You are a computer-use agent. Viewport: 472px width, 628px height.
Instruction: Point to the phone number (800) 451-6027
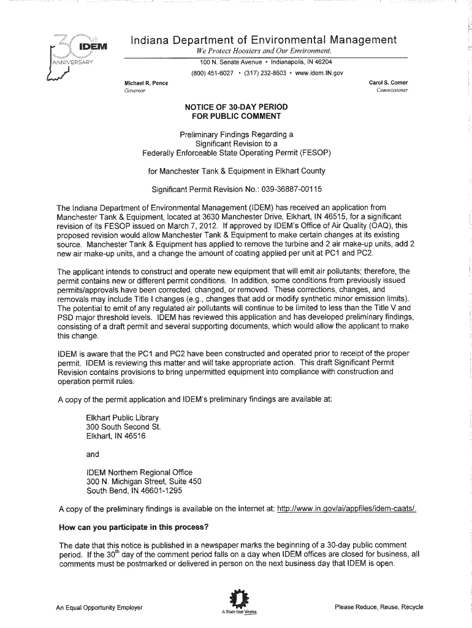pyautogui.click(x=211, y=74)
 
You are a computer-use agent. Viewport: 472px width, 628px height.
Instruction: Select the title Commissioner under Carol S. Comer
pyautogui.click(x=392, y=91)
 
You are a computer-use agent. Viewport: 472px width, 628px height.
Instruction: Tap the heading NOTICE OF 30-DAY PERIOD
pyautogui.click(x=236, y=107)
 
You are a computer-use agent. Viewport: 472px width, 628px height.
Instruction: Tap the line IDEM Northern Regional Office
pyautogui.click(x=139, y=472)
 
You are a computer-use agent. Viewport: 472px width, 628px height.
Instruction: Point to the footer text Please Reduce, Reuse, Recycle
pyautogui.click(x=379, y=607)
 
